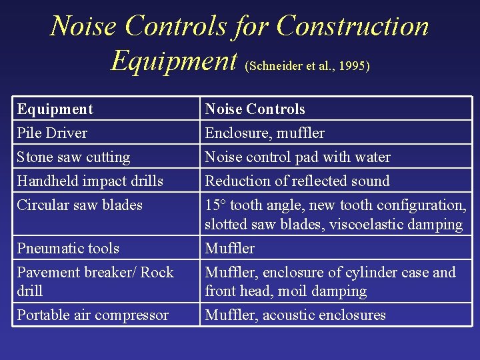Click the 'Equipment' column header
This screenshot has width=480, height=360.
point(55,109)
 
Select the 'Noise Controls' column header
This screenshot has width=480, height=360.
point(255,109)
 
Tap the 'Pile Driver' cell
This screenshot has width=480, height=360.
point(52,133)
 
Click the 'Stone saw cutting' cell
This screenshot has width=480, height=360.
point(73,157)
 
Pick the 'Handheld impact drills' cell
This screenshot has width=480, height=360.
point(90,181)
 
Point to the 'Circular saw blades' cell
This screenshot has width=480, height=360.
point(79,205)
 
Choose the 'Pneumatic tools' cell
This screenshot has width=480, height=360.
point(68,249)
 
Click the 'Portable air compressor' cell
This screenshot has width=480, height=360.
point(93,315)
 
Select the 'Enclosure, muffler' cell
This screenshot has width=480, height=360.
point(265,133)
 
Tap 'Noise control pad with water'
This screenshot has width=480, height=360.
point(297,157)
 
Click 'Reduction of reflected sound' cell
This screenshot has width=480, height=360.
point(297,181)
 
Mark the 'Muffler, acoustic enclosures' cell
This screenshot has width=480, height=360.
point(295,315)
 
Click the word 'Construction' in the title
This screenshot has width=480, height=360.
point(352,27)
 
